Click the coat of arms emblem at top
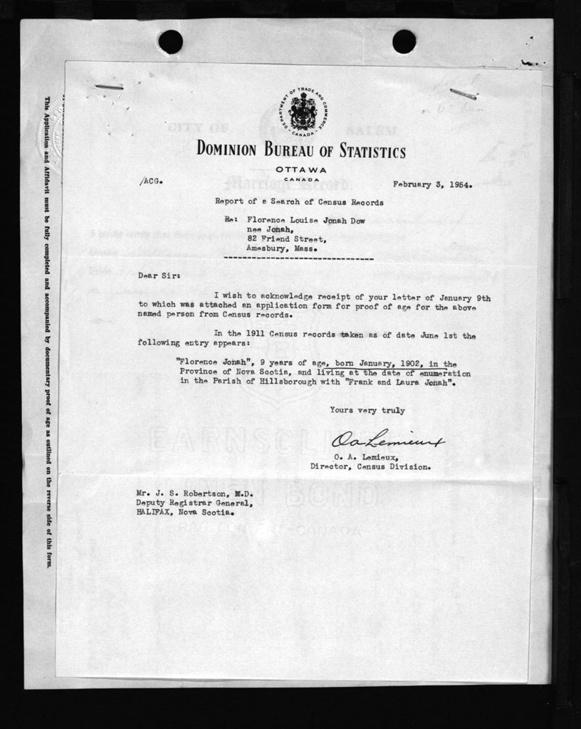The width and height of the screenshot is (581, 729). pyautogui.click(x=302, y=111)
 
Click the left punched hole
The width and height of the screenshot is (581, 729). pyautogui.click(x=170, y=42)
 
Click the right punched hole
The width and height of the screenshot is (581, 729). pyautogui.click(x=404, y=41)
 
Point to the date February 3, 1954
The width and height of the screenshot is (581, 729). pyautogui.click(x=432, y=183)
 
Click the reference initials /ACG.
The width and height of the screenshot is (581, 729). pyautogui.click(x=151, y=182)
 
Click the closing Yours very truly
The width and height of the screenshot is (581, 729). pyautogui.click(x=367, y=410)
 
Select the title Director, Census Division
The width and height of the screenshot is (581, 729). pyautogui.click(x=370, y=468)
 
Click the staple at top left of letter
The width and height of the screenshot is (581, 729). pyautogui.click(x=108, y=88)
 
